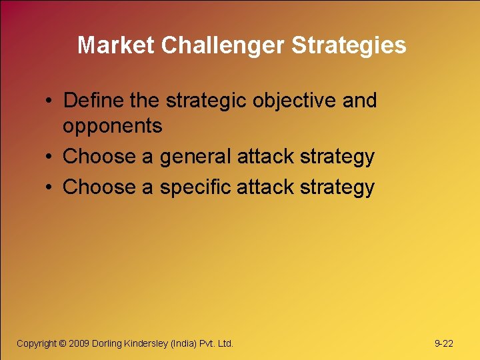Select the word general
click(x=195, y=157)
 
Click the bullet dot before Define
click(x=50, y=102)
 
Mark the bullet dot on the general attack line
click(x=50, y=158)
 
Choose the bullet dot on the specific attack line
click(x=50, y=188)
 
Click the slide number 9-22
click(x=443, y=343)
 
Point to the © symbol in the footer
click(x=63, y=343)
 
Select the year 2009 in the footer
click(x=79, y=343)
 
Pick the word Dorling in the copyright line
click(x=107, y=343)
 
